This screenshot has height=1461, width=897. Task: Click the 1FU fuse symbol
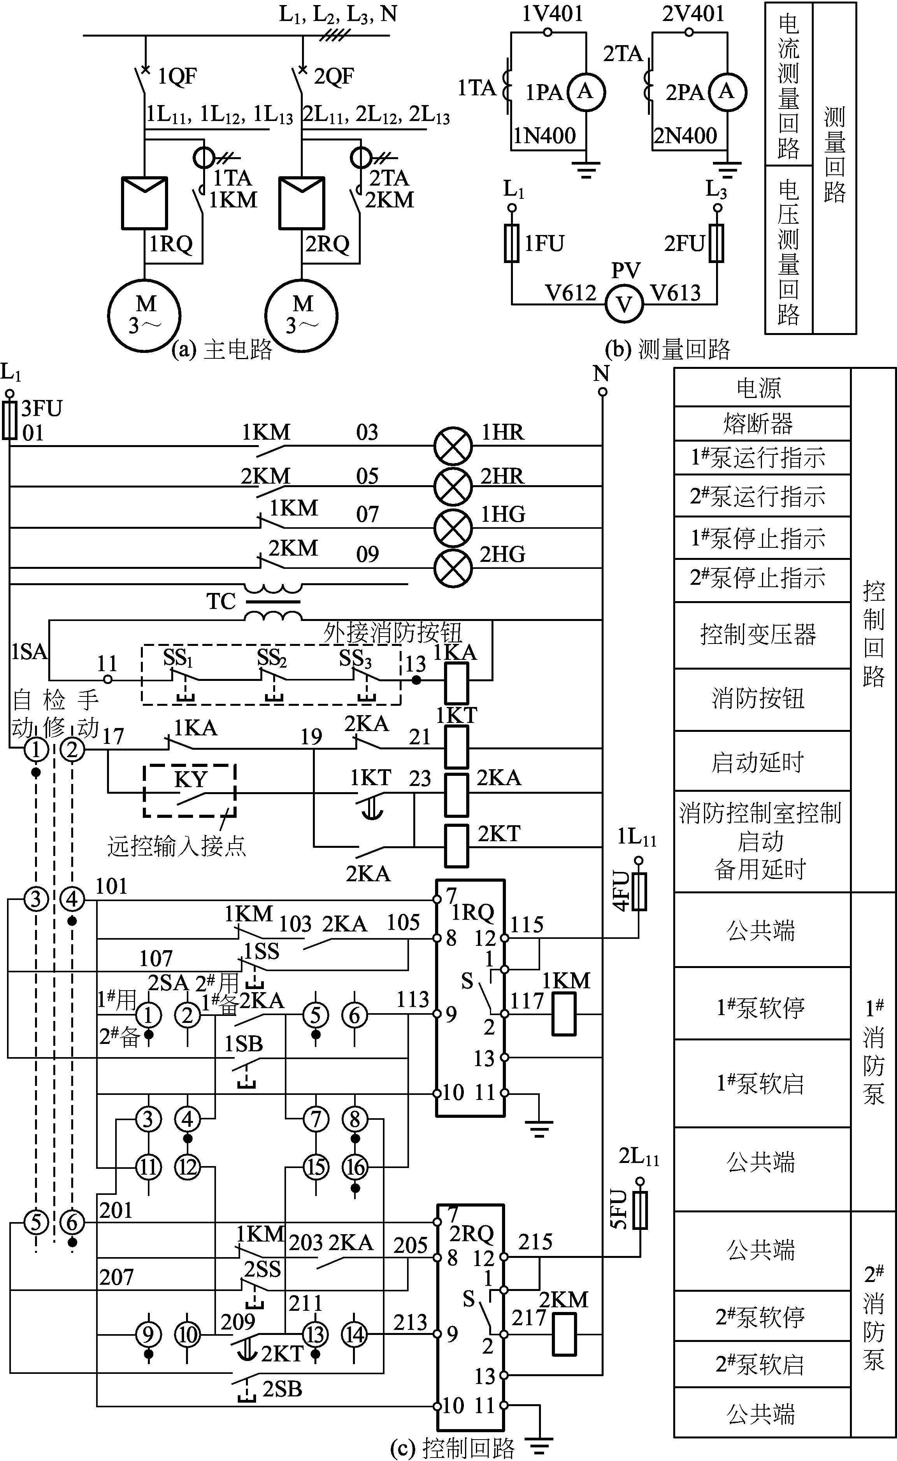tap(512, 243)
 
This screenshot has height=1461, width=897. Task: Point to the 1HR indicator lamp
tap(453, 446)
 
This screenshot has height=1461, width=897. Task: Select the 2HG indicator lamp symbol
tap(453, 568)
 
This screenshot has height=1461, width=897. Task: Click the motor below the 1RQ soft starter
tap(144, 314)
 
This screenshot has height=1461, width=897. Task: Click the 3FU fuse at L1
tap(9, 420)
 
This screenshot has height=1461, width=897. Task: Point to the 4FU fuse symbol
tap(639, 891)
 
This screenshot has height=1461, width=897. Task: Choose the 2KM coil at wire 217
tap(564, 1335)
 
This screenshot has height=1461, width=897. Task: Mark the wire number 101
tap(112, 886)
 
